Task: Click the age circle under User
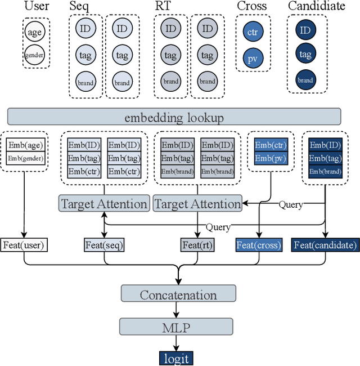point(35,32)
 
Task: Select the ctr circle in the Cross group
point(252,32)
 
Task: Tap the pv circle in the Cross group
point(252,58)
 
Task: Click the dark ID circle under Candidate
point(305,30)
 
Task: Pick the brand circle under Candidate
point(305,79)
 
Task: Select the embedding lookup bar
point(174,117)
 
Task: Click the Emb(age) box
point(25,145)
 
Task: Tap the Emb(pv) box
point(271,158)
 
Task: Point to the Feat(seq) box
point(104,245)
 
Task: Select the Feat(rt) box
point(197,245)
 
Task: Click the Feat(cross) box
point(258,245)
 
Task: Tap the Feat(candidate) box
point(325,245)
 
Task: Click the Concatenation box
point(178,294)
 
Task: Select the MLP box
point(178,326)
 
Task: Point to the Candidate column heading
point(316,6)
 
